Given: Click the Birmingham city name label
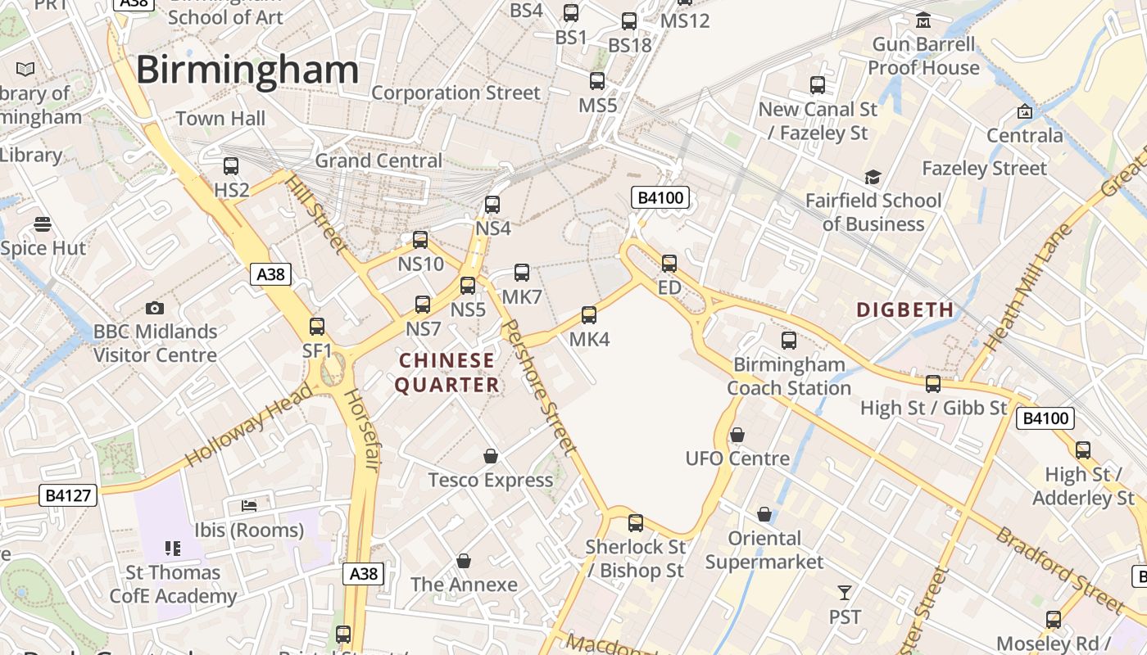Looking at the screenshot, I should tap(247, 70).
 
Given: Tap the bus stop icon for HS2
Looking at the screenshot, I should tap(231, 166).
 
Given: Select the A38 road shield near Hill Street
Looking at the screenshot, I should tap(271, 274).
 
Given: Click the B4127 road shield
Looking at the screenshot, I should tap(68, 495).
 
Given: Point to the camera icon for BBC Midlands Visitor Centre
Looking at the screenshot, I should tap(154, 308).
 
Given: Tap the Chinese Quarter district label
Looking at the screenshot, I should tap(447, 373).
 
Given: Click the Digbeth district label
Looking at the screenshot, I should tap(905, 309).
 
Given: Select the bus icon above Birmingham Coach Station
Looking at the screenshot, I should tap(789, 341).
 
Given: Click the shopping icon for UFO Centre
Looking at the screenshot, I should tap(737, 434).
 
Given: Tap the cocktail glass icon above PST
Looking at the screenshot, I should tap(845, 592).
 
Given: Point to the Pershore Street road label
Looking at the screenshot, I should tap(537, 387).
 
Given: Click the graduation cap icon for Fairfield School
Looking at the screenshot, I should tap(873, 178).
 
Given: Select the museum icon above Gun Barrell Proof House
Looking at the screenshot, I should tap(923, 20).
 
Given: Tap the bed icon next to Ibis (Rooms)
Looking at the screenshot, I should tap(249, 506).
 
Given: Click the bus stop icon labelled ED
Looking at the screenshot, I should tap(669, 264).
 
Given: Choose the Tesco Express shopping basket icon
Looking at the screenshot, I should tap(491, 456).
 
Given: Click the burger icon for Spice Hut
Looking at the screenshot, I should tap(43, 224).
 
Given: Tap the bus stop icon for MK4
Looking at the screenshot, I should tap(588, 315).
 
